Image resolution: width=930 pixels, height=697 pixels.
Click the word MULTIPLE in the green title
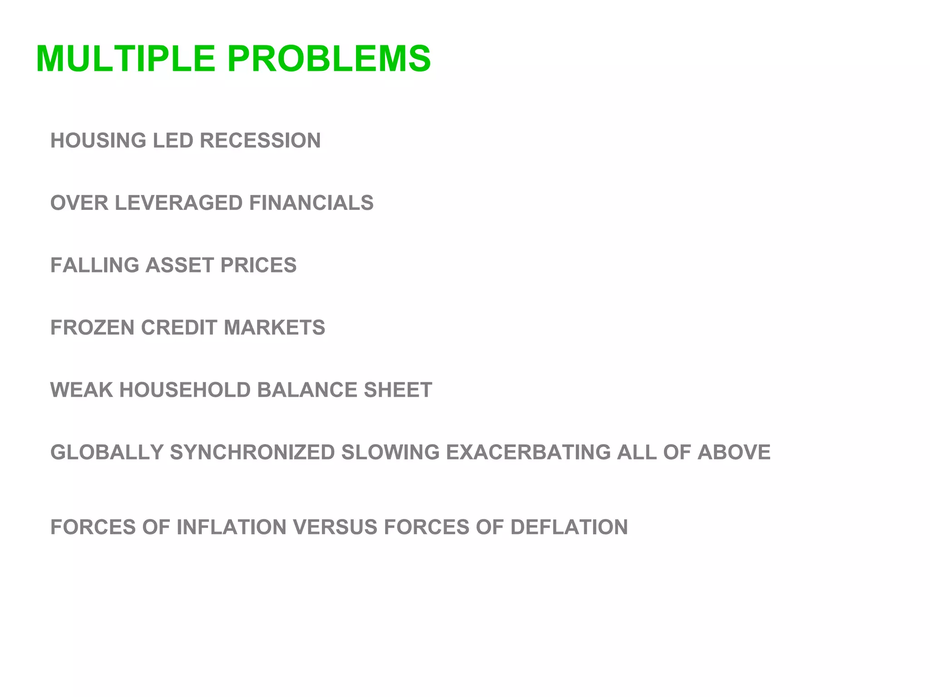(125, 59)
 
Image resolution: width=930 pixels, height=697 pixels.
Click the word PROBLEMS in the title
(329, 59)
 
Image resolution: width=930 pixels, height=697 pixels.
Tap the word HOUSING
(98, 140)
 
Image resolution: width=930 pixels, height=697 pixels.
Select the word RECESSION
(260, 140)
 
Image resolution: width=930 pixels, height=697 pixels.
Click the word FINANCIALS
(311, 203)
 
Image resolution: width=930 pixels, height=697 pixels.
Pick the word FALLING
(94, 265)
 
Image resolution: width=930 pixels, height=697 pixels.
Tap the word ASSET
(179, 265)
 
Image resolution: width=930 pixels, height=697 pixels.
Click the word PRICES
(258, 265)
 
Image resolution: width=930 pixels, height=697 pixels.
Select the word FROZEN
(93, 328)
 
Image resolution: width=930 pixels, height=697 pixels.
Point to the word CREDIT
(179, 328)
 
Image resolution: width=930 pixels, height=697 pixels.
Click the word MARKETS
(274, 328)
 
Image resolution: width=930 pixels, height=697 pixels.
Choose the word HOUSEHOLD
(185, 390)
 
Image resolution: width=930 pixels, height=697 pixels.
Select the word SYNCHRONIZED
(252, 452)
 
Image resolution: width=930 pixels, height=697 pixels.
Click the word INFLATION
(232, 527)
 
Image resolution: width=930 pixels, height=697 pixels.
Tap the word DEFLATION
(569, 527)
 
